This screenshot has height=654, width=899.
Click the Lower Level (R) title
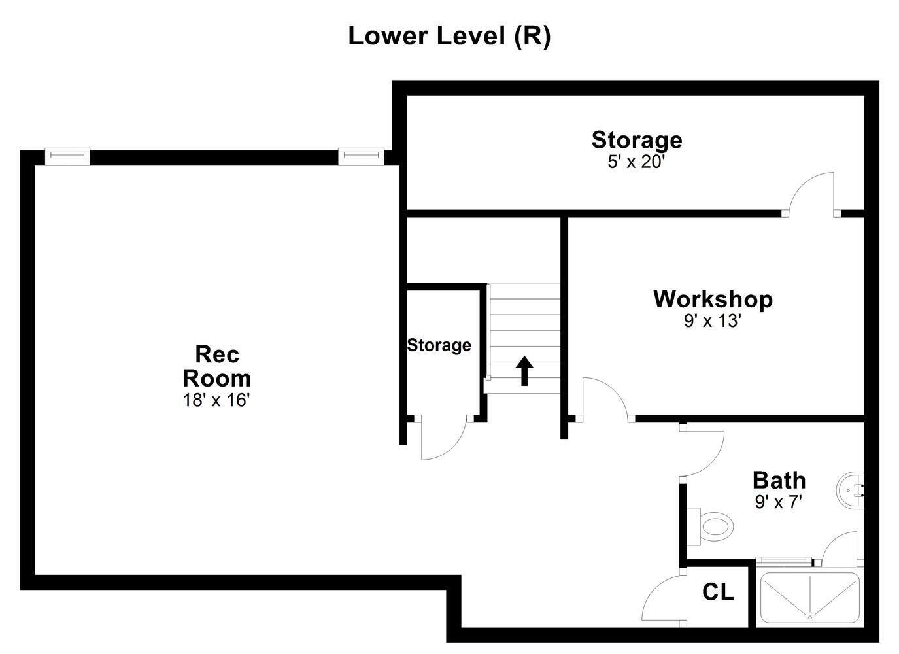pos(449,36)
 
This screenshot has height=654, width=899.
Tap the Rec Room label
pos(216,366)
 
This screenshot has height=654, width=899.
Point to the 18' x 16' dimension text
pos(216,400)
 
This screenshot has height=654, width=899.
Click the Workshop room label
pos(713,299)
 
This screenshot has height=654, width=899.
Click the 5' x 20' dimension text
pos(636,162)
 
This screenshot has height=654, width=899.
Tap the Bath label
pos(779,480)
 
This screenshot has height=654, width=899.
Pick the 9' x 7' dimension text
pos(778,502)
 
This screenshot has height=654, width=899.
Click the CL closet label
pos(718,592)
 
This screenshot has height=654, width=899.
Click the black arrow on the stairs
pos(524,371)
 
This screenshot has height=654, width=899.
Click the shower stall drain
pos(809,617)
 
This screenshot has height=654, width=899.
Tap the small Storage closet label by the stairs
pos(439,345)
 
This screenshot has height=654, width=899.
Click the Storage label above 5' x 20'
pos(636,140)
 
